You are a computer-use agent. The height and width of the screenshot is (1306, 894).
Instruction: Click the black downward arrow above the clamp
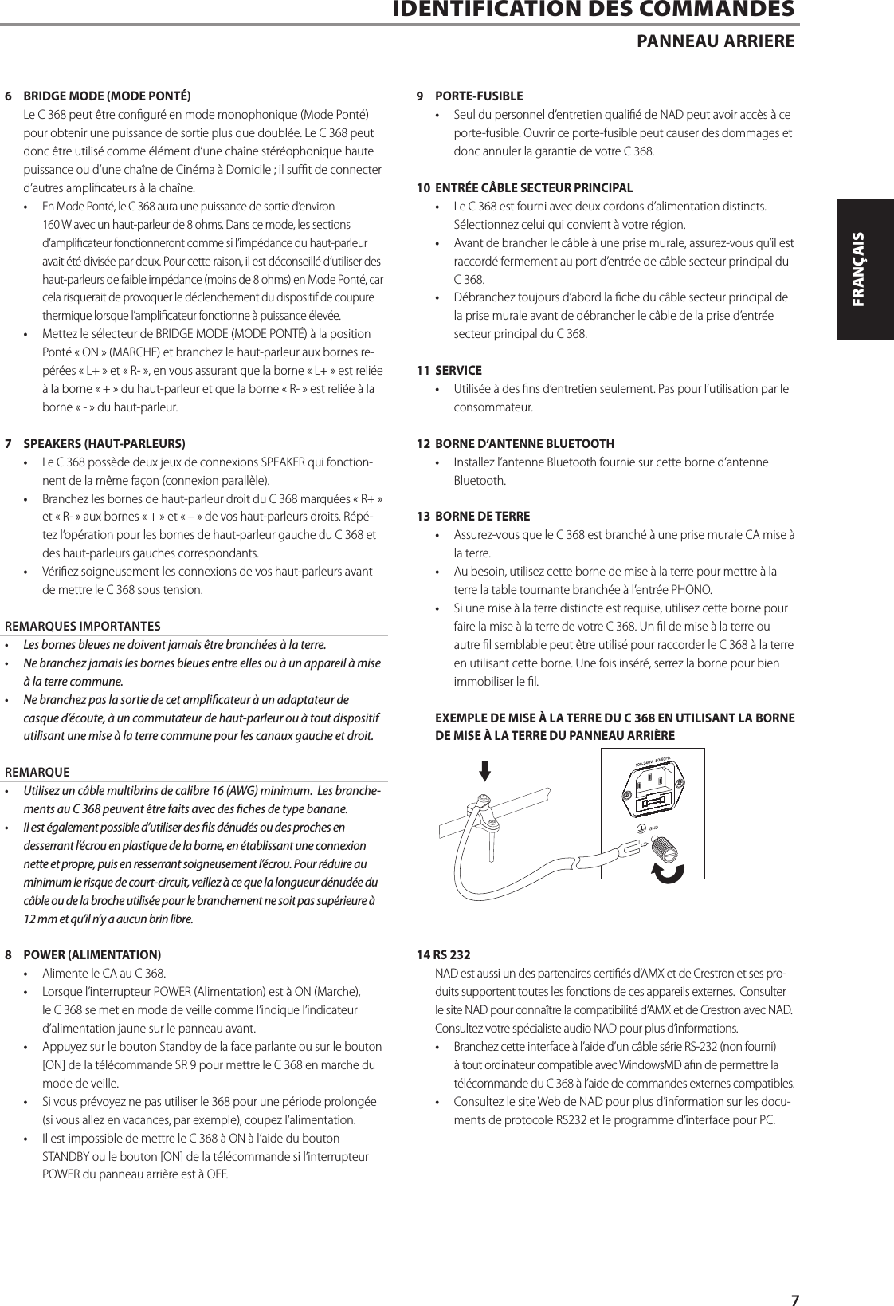tap(484, 770)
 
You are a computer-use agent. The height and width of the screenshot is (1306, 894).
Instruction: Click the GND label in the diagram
tap(654, 828)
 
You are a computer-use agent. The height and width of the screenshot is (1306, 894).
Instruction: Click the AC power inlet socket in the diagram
tap(653, 792)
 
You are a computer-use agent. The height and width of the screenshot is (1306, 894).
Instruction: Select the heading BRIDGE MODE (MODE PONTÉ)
tap(107, 96)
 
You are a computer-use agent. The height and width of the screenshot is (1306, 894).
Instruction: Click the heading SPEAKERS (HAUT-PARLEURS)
tap(104, 443)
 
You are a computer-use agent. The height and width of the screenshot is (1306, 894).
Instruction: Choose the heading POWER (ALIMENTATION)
tap(92, 954)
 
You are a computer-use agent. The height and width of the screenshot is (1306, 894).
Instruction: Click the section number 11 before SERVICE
tap(424, 371)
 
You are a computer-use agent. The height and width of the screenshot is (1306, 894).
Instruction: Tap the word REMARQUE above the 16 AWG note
tap(37, 772)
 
